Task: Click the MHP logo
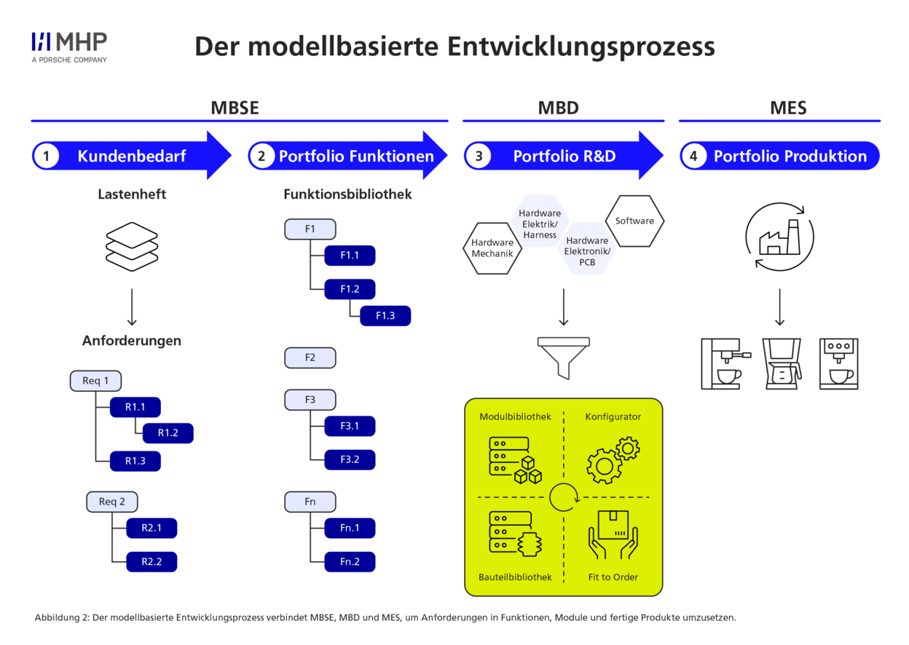click(69, 46)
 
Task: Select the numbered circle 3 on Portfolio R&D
click(479, 156)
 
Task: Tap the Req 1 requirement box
click(95, 381)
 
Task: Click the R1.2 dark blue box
click(168, 433)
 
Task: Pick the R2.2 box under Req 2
click(151, 561)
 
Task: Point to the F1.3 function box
click(385, 315)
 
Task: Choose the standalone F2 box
click(310, 357)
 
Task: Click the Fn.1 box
click(350, 528)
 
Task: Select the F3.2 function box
click(350, 459)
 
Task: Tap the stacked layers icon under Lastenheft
click(132, 247)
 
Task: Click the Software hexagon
click(634, 221)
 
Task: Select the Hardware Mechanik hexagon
click(492, 248)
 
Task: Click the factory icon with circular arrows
click(779, 237)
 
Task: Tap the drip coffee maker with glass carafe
click(781, 363)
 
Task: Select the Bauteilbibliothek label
click(515, 577)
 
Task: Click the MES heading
click(788, 108)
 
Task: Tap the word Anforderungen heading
click(132, 341)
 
